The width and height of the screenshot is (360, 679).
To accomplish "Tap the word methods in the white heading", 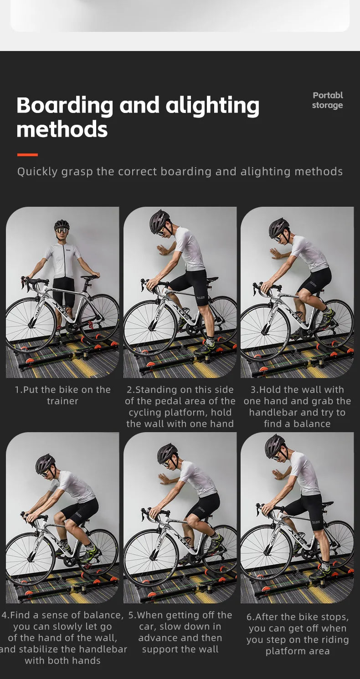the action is click(62, 129).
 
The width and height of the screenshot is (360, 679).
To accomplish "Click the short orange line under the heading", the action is click(28, 154).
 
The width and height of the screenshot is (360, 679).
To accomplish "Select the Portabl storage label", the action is click(328, 100).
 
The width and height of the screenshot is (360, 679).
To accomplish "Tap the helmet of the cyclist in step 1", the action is click(62, 225).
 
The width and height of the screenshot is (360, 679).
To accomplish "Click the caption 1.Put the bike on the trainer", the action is click(63, 395).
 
